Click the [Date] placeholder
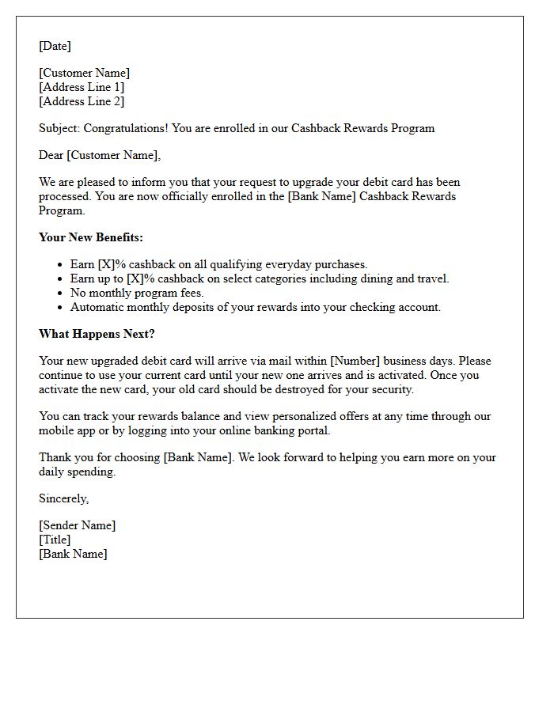[x=55, y=46]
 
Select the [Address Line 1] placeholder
[x=82, y=87]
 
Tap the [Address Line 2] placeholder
[x=82, y=101]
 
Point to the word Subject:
[x=59, y=128]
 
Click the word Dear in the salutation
[x=51, y=155]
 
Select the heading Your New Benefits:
[x=91, y=237]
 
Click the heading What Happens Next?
[x=97, y=334]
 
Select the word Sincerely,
[x=64, y=498]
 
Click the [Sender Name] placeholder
[x=77, y=525]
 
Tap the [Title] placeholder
[x=55, y=540]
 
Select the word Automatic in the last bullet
[x=98, y=307]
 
